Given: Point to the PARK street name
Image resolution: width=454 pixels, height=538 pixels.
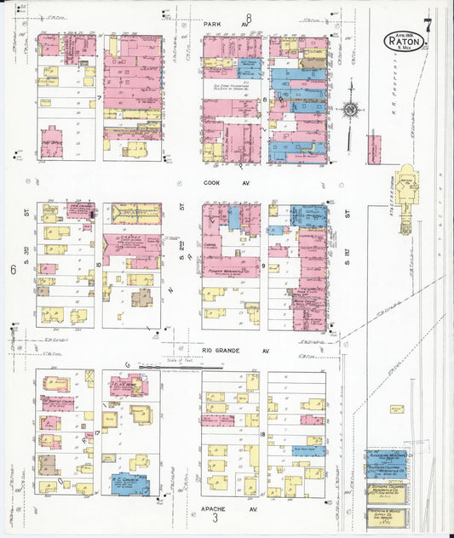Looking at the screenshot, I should point(213,25).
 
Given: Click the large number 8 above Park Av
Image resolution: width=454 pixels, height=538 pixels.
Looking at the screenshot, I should point(249,19).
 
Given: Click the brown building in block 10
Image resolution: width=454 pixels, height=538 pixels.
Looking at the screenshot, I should point(141,298).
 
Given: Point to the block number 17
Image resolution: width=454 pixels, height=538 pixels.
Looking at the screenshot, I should point(99,432).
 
